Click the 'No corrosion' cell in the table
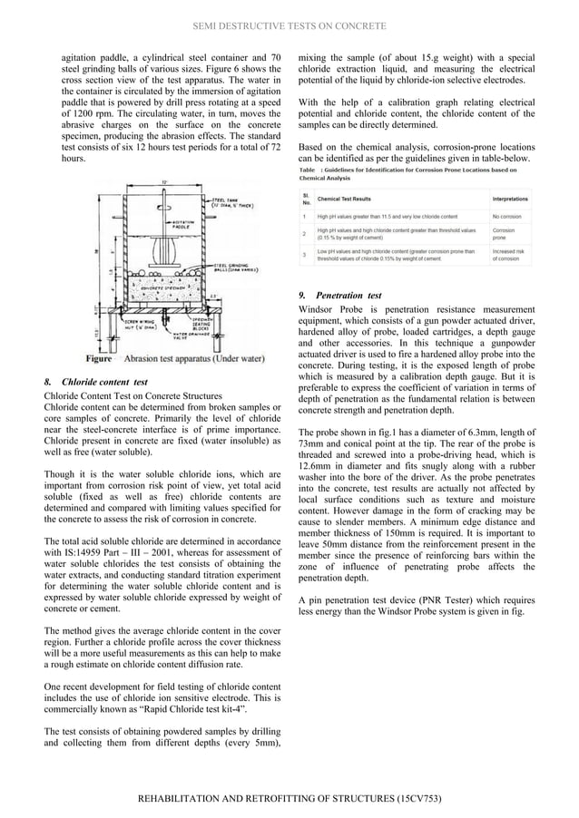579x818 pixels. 506,217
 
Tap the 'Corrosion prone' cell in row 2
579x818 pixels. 505,234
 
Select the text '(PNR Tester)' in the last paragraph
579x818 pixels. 446,599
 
